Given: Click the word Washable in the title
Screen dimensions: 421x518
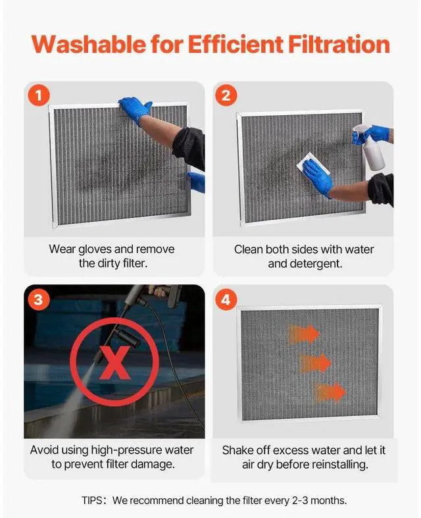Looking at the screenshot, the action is pyautogui.click(x=89, y=44).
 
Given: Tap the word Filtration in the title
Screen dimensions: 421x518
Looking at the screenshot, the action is pyautogui.click(x=339, y=44).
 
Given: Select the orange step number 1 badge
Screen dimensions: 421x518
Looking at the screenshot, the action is pyautogui.click(x=39, y=96).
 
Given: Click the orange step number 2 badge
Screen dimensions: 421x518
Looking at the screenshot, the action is pyautogui.click(x=226, y=96).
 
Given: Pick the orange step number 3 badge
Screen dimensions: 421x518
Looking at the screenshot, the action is pyautogui.click(x=38, y=299).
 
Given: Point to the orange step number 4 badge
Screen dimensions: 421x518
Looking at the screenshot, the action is pyautogui.click(x=226, y=300).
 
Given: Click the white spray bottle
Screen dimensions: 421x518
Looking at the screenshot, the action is pyautogui.click(x=368, y=147).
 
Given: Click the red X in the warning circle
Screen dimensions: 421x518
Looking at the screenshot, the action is pyautogui.click(x=114, y=363).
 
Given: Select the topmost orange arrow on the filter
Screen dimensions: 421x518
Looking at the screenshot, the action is pyautogui.click(x=304, y=334).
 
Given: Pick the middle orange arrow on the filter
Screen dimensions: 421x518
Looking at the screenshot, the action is pyautogui.click(x=314, y=363).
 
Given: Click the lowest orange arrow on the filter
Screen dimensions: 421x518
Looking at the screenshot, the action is pyautogui.click(x=329, y=392).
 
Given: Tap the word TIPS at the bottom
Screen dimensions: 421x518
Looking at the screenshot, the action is pyautogui.click(x=92, y=500).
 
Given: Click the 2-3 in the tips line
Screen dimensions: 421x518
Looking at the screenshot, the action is pyautogui.click(x=300, y=500).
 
